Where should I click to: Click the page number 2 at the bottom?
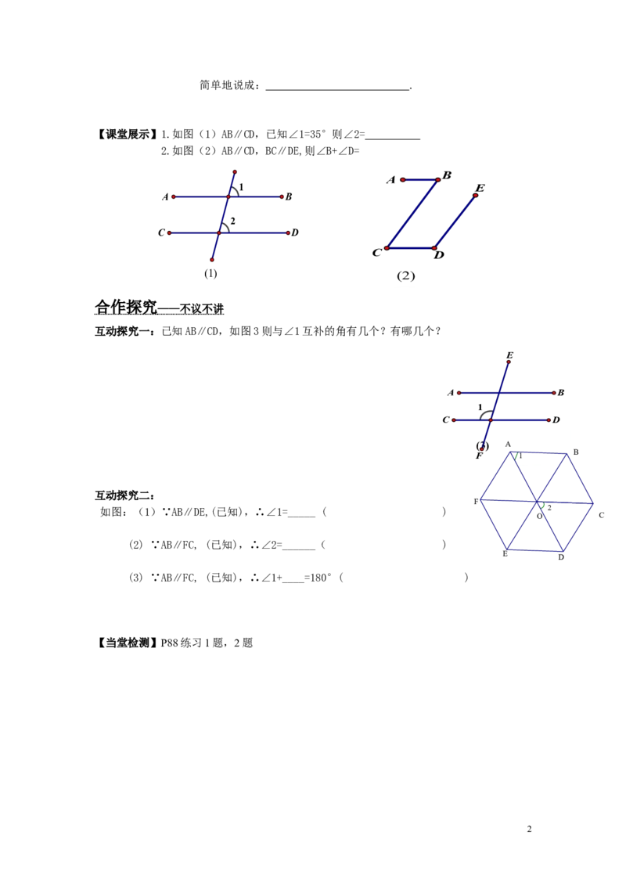[x=530, y=829]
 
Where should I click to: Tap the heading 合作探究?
[x=126, y=307]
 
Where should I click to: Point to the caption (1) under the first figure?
[x=210, y=273]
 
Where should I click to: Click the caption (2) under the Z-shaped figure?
[x=405, y=276]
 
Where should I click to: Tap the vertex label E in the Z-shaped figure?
[x=480, y=188]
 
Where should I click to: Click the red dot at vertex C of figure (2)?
[x=387, y=248]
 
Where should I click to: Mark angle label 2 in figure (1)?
[x=232, y=221]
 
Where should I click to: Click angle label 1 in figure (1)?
[x=241, y=187]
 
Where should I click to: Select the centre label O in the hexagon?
[x=540, y=516]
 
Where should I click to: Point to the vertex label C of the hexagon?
[x=601, y=515]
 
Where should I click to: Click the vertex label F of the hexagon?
[x=476, y=501]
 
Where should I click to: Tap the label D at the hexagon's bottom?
[x=561, y=557]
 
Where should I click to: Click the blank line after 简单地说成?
[x=337, y=88]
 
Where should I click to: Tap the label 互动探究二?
[x=124, y=495]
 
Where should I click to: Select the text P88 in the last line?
[x=170, y=643]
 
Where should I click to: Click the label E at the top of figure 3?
[x=509, y=355]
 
